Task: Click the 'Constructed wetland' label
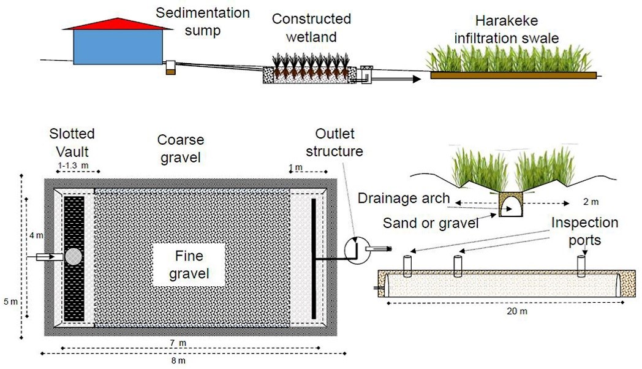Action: coord(312,28)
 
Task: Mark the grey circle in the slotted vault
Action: coord(74,257)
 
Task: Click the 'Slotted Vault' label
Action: coord(74,142)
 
